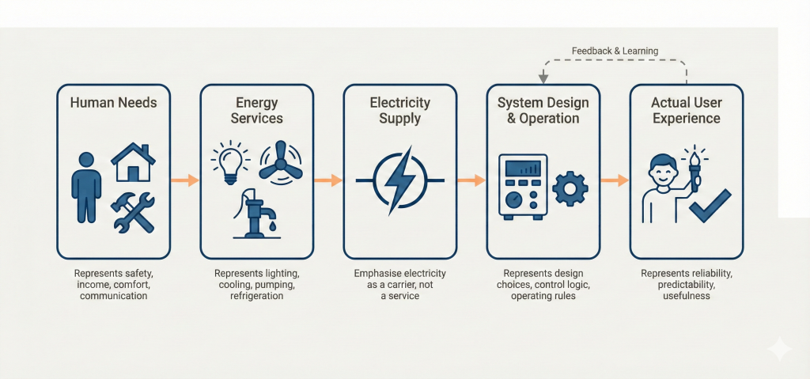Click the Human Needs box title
[113, 103]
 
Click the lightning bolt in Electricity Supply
[399, 180]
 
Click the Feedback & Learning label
[615, 51]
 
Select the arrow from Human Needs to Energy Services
[185, 180]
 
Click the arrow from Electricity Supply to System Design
[471, 180]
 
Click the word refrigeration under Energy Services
[255, 296]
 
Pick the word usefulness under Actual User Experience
[686, 296]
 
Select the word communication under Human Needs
[113, 296]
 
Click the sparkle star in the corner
[779, 349]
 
